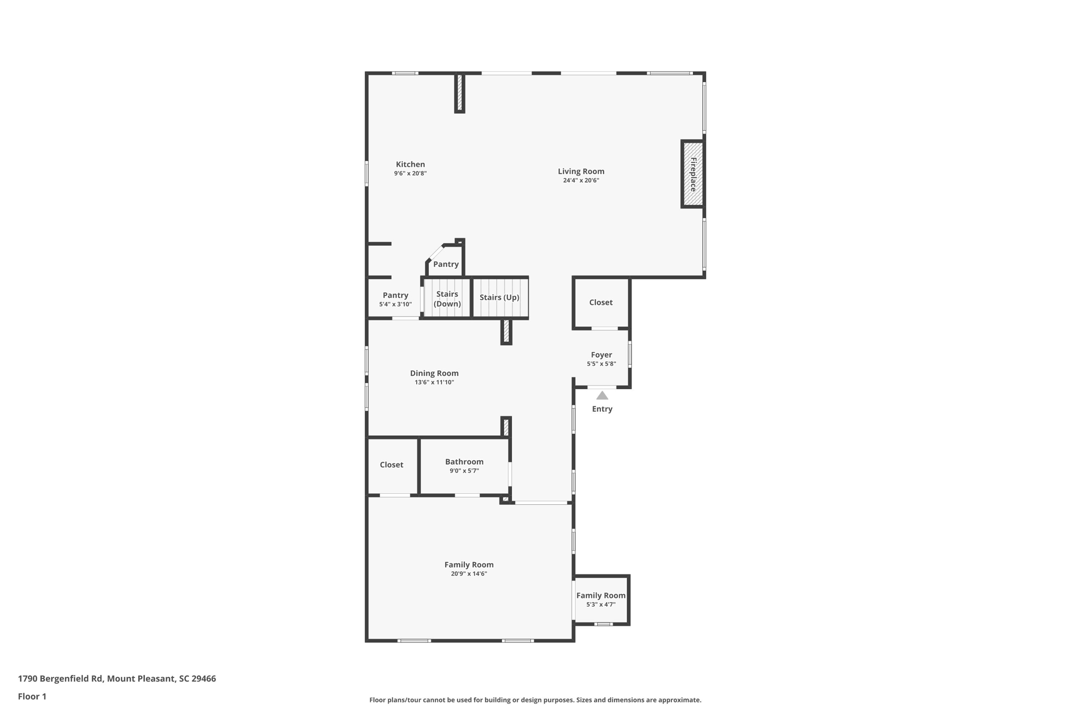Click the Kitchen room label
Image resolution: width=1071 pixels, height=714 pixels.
(410, 164)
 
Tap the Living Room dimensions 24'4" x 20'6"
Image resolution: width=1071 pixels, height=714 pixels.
(580, 180)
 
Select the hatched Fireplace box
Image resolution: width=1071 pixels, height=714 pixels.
(693, 174)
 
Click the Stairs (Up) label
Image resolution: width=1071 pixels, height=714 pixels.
(499, 297)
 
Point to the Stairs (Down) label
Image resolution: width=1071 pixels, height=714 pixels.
(447, 299)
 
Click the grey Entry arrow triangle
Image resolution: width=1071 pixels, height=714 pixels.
(602, 395)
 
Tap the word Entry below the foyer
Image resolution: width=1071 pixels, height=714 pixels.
(602, 409)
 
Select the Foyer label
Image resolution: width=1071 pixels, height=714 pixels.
(601, 355)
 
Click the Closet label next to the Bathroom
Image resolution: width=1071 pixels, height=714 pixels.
(391, 464)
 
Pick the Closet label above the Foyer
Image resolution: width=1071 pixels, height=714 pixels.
(600, 302)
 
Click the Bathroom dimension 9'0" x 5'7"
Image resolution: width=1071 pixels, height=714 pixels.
(464, 471)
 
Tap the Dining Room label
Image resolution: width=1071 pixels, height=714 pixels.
(434, 373)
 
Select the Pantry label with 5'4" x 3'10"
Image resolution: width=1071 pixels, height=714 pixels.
(395, 295)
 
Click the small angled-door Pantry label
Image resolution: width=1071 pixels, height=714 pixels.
(446, 264)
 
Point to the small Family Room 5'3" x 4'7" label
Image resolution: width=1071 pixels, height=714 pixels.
(600, 595)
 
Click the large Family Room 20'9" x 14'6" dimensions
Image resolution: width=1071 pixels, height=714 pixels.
(469, 574)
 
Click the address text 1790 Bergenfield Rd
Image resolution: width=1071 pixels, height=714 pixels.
(117, 678)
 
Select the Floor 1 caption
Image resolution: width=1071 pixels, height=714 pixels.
(32, 696)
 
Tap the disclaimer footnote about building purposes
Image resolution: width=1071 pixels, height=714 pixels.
(535, 700)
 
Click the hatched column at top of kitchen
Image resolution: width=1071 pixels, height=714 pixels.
(460, 93)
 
